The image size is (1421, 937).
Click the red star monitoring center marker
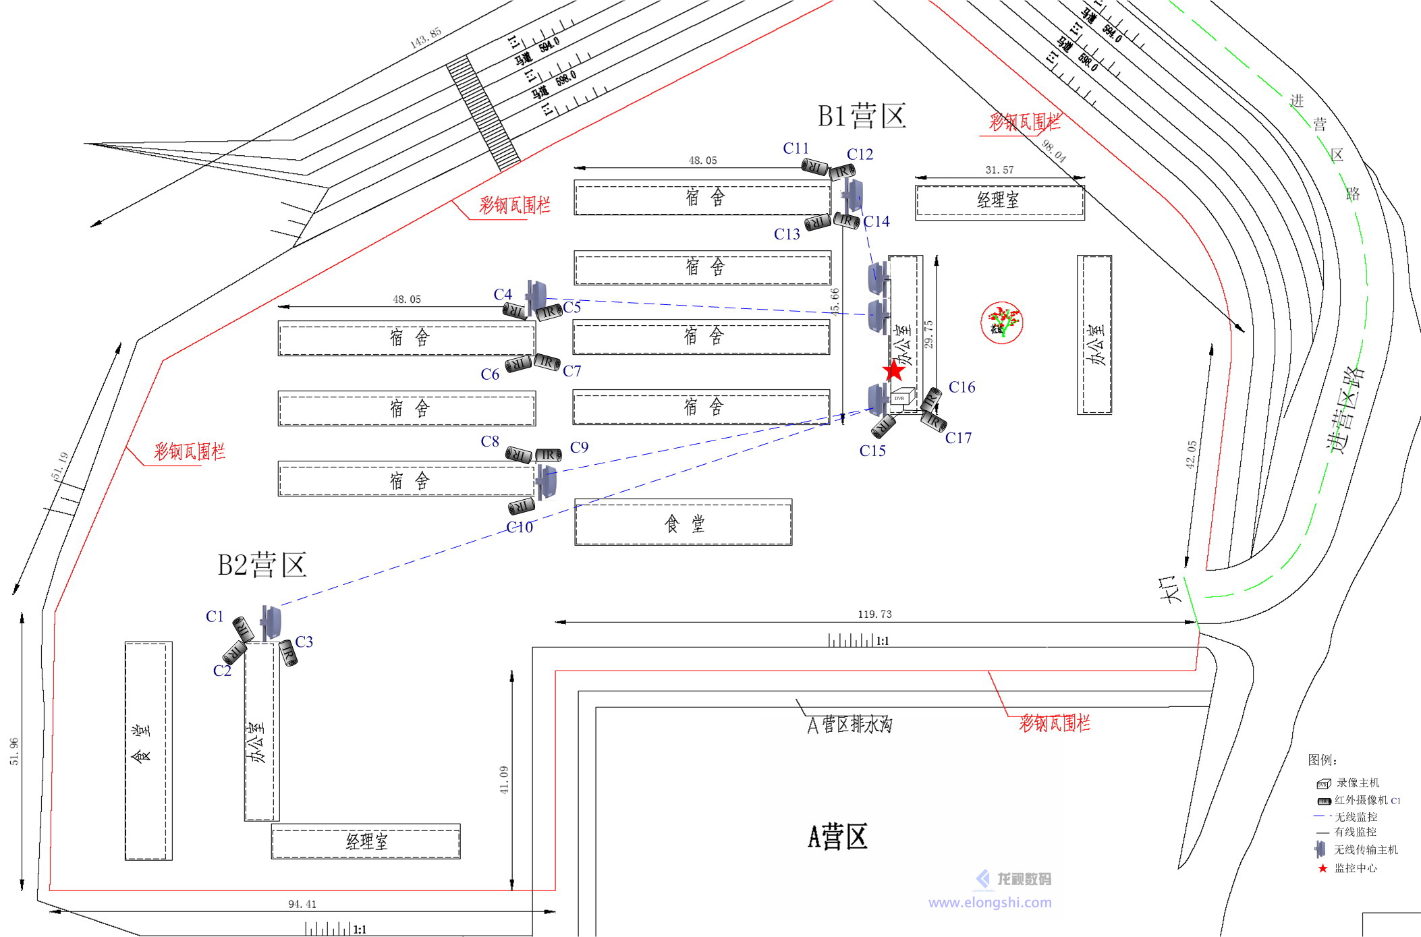click(x=894, y=370)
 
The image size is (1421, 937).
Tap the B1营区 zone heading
click(x=862, y=116)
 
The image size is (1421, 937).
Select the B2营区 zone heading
click(x=262, y=565)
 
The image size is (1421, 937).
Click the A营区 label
click(x=837, y=837)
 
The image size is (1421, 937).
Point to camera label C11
click(x=796, y=148)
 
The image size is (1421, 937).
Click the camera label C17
click(x=958, y=438)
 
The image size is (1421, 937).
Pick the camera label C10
click(x=520, y=528)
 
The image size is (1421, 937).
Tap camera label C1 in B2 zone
click(x=215, y=617)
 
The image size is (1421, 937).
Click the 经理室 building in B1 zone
click(x=999, y=200)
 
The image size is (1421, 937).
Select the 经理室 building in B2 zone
click(x=366, y=841)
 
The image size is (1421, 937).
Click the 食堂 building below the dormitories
click(x=683, y=523)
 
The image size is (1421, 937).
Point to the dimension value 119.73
click(x=874, y=614)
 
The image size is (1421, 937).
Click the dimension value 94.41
click(x=302, y=904)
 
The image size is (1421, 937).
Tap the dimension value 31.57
click(x=999, y=170)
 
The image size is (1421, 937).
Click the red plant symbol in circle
click(x=1002, y=322)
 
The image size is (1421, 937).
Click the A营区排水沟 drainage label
click(x=849, y=725)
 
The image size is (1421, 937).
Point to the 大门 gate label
click(x=1170, y=588)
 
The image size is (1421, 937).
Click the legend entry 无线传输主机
click(x=1365, y=850)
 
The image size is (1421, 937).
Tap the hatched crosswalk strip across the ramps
click(x=483, y=113)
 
